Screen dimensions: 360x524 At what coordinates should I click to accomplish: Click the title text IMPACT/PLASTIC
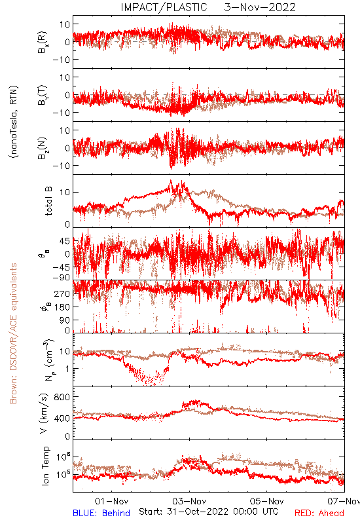click(x=164, y=7)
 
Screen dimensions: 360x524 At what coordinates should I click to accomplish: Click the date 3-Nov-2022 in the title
click(x=260, y=7)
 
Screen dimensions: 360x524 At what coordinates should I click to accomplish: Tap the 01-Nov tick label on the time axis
click(x=111, y=501)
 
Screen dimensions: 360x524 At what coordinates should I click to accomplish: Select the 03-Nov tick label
click(x=190, y=501)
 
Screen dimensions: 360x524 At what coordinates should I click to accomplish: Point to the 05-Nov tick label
click(x=267, y=501)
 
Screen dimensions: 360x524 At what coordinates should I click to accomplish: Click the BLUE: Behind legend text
click(x=101, y=513)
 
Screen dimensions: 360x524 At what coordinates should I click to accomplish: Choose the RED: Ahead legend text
click(x=319, y=513)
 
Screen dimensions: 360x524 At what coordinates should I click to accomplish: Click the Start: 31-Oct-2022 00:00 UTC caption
click(x=209, y=512)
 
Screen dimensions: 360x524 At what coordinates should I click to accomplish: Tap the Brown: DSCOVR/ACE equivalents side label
click(x=13, y=333)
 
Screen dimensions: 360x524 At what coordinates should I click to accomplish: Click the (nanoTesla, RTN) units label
click(x=14, y=121)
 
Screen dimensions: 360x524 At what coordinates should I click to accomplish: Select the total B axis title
click(x=48, y=201)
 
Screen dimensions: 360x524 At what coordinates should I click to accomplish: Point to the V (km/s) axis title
click(x=44, y=413)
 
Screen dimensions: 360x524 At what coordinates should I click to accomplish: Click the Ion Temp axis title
click(x=45, y=466)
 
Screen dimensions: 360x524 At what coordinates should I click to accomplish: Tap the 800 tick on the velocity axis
click(x=62, y=397)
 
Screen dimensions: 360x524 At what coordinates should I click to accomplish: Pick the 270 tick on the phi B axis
click(x=62, y=293)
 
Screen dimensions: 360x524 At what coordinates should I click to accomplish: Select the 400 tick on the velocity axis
click(x=62, y=419)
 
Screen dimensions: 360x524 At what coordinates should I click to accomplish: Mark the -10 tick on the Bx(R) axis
click(x=61, y=60)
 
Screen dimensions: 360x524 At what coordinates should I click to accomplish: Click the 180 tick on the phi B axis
click(x=62, y=307)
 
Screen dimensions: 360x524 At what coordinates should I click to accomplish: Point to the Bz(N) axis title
click(x=43, y=148)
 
